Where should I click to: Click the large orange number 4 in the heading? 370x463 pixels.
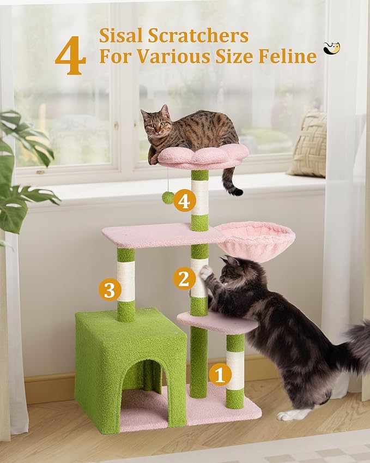pyautogui.click(x=70, y=57)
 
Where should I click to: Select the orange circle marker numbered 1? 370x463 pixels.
pyautogui.click(x=220, y=375)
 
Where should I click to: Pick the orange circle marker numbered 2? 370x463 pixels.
pyautogui.click(x=184, y=279)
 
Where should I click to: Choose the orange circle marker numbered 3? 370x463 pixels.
pyautogui.click(x=110, y=290)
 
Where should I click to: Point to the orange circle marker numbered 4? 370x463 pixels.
pyautogui.click(x=184, y=201)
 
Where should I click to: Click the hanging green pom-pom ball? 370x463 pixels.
pyautogui.click(x=168, y=197)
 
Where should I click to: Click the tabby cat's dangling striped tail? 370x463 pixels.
pyautogui.click(x=231, y=183)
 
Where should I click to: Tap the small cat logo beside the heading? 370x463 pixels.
pyautogui.click(x=331, y=49)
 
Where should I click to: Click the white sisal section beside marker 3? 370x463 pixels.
pyautogui.click(x=126, y=281)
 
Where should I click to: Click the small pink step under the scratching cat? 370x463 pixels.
pyautogui.click(x=217, y=323)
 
